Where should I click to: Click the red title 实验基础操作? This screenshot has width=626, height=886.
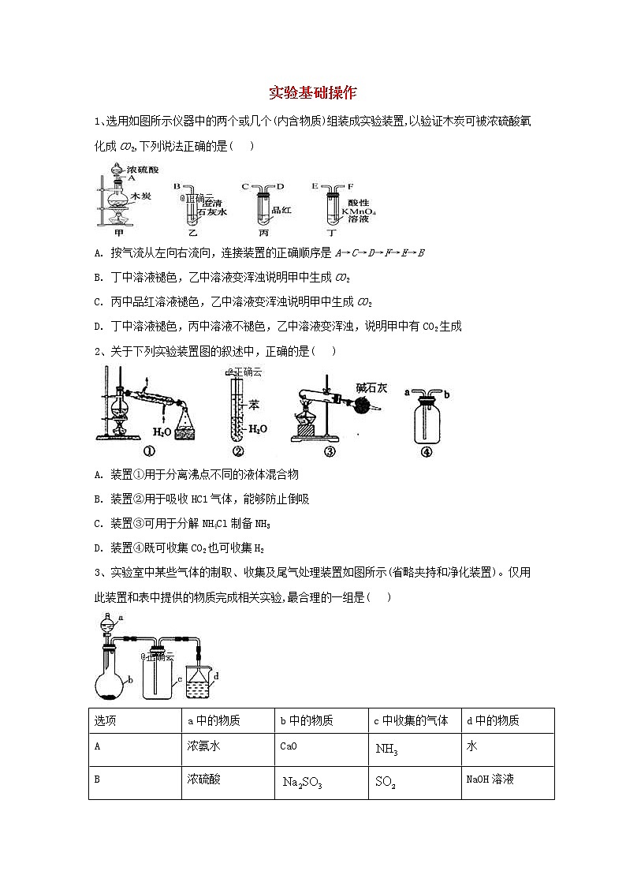tap(313, 93)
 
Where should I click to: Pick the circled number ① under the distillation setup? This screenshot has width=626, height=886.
tap(147, 451)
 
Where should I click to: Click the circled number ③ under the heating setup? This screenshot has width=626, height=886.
tap(330, 451)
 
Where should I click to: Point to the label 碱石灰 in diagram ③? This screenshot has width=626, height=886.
tap(371, 388)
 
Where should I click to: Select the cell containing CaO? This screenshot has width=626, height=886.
tap(289, 746)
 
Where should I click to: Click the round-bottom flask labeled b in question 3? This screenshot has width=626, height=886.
tap(111, 682)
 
